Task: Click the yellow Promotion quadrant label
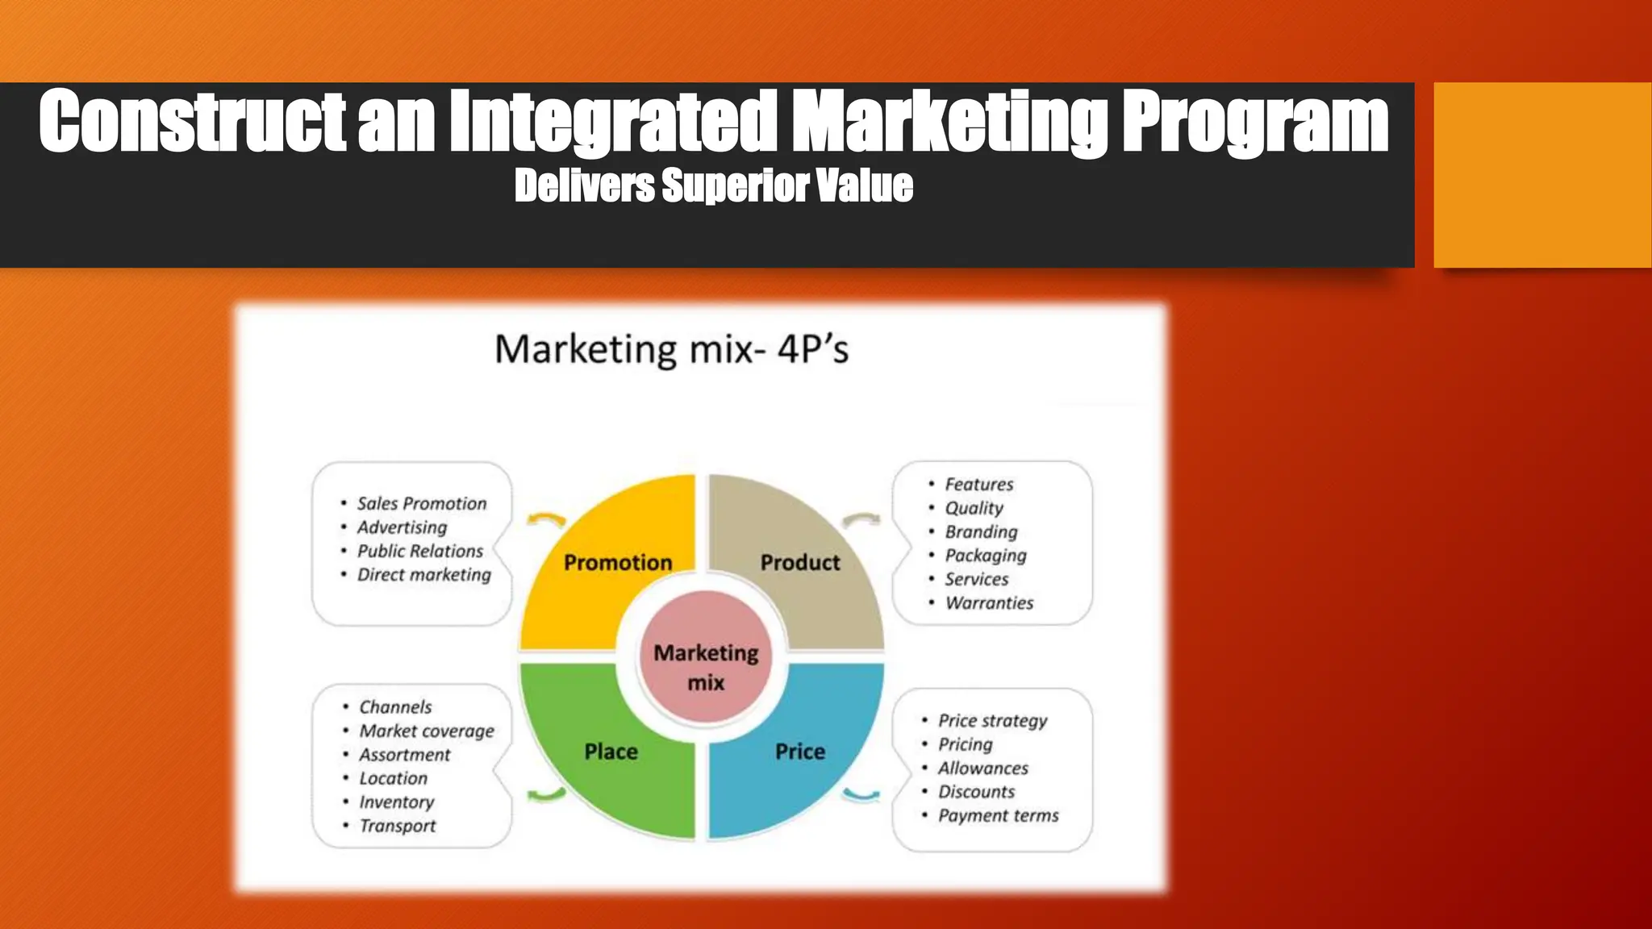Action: (x=618, y=562)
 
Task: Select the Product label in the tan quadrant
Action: (x=799, y=562)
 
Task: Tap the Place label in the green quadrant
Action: (x=611, y=752)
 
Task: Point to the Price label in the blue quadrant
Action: (x=799, y=752)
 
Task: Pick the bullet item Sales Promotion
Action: (x=421, y=504)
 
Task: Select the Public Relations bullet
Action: (x=419, y=552)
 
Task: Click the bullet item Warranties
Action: (x=988, y=603)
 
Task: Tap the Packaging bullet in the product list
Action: (x=985, y=556)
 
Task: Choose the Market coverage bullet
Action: (x=426, y=731)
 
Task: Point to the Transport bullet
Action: (x=397, y=827)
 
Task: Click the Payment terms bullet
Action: (x=998, y=816)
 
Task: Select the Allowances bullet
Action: (x=982, y=769)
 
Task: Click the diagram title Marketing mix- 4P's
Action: (x=671, y=350)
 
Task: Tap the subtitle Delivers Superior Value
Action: (x=714, y=185)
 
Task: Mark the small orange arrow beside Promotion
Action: (x=546, y=519)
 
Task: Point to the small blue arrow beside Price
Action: (x=860, y=796)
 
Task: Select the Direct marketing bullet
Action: (x=423, y=575)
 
